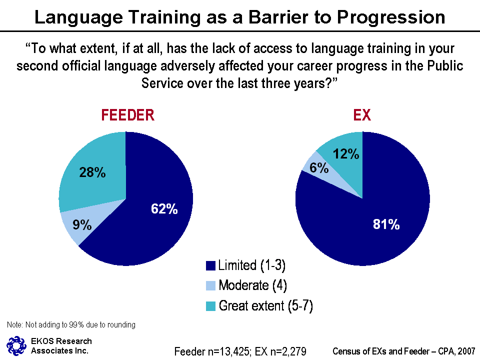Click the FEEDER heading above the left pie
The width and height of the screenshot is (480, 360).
[127, 115]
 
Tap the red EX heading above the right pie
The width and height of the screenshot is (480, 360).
[362, 115]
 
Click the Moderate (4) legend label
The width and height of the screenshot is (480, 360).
[252, 285]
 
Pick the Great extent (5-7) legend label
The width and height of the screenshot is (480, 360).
[265, 306]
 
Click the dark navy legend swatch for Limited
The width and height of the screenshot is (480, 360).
[211, 265]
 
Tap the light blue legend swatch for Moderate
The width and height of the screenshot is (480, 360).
[211, 286]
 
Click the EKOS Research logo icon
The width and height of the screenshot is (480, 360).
[15, 345]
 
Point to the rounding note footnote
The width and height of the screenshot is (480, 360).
[71, 325]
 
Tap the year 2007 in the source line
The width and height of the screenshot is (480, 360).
[464, 351]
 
